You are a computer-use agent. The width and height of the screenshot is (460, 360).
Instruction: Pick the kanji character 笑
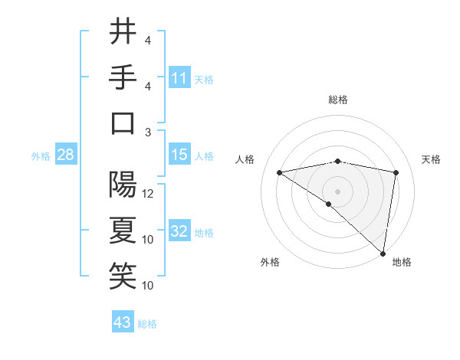[123, 276]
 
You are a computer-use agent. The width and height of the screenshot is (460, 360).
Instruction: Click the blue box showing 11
[179, 77]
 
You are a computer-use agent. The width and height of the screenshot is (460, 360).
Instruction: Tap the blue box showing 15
[179, 155]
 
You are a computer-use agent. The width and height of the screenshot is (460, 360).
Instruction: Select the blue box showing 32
[179, 232]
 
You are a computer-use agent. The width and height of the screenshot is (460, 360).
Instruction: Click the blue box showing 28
[66, 155]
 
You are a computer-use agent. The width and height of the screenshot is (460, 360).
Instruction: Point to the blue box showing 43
[123, 322]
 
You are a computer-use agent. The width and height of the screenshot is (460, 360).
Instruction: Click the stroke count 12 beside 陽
[149, 194]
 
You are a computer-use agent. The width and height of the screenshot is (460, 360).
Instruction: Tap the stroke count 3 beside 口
[148, 133]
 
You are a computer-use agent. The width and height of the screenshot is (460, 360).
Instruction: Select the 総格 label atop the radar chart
[338, 100]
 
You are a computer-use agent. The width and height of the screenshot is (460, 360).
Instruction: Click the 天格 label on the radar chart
[431, 159]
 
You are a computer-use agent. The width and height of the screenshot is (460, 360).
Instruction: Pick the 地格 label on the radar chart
[402, 262]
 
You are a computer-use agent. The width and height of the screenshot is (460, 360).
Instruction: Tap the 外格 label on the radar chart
[270, 262]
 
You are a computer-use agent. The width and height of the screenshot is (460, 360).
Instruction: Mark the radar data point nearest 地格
[383, 253]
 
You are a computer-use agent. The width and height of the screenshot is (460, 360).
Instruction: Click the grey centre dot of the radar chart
[337, 191]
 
